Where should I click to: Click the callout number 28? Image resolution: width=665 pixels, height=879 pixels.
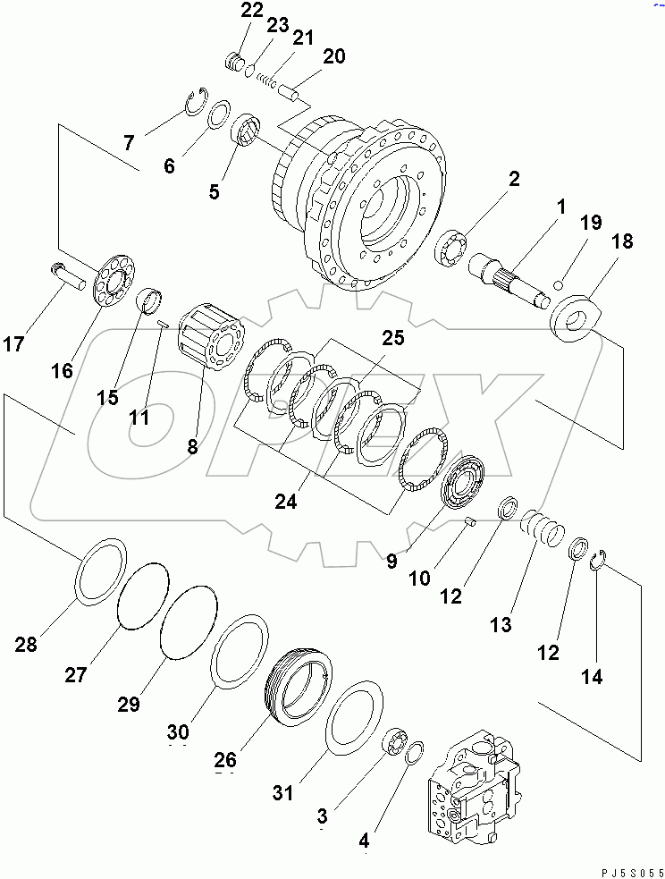pyautogui.click(x=26, y=644)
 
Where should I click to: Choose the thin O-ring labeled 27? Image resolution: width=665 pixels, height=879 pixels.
pyautogui.click(x=144, y=596)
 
